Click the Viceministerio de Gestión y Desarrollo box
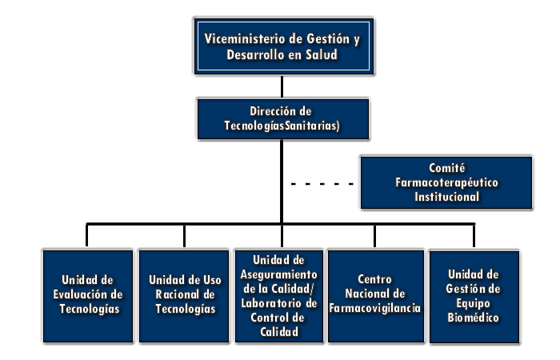point(283,46)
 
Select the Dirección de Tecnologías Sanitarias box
point(283,119)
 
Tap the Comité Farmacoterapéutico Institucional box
point(446,182)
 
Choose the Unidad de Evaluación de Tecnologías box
point(88,296)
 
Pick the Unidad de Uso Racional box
point(184,296)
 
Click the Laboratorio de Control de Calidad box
point(279,296)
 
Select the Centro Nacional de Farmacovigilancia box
point(376,296)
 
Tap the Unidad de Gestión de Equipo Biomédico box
point(474,297)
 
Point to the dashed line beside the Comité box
point(322,184)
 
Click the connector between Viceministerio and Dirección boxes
point(282,86)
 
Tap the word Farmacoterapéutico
point(446,182)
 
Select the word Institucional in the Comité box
point(446,197)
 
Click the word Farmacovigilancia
point(375,308)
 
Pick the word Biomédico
point(474,318)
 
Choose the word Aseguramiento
point(278,274)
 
